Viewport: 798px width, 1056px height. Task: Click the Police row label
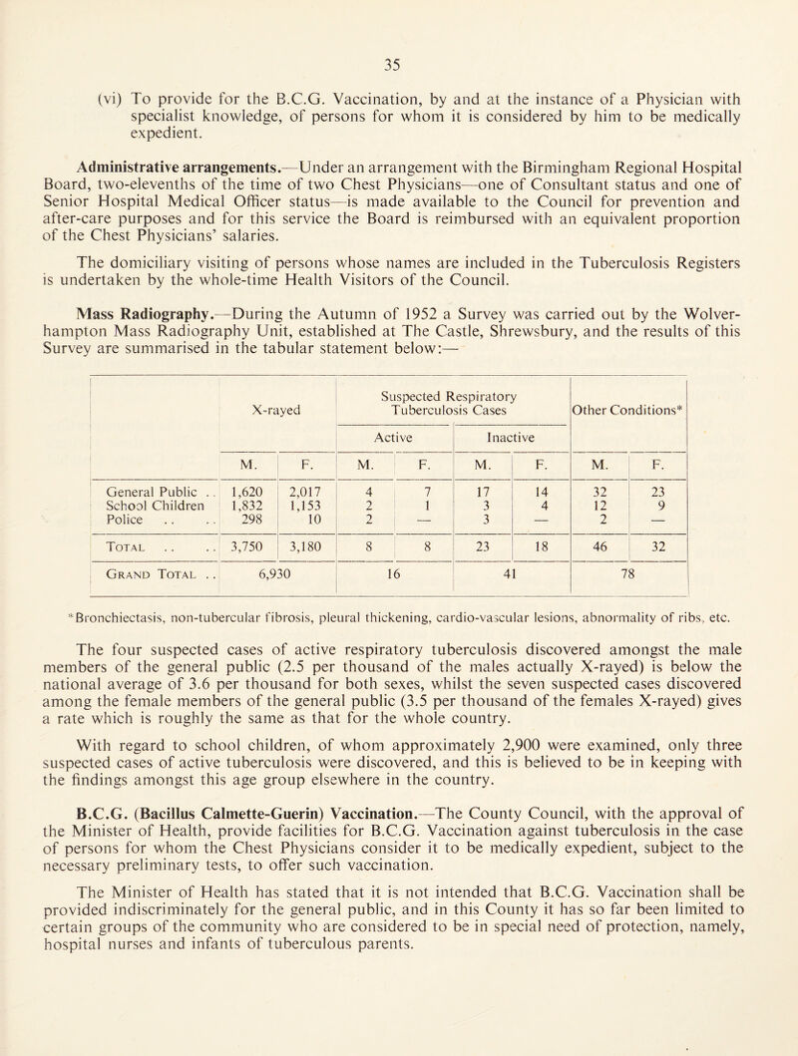click(133, 524)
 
